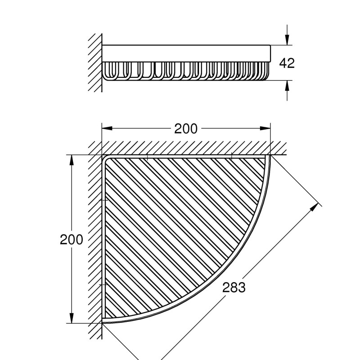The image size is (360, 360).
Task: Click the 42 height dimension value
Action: (287, 63)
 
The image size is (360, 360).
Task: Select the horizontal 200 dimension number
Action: (186, 129)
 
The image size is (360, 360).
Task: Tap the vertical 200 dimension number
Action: (72, 239)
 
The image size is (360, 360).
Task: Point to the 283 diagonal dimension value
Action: (234, 287)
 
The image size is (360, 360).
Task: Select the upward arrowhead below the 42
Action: (287, 85)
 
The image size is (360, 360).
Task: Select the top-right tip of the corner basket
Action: (268, 156)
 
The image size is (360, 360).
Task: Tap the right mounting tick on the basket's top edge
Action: (231, 157)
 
